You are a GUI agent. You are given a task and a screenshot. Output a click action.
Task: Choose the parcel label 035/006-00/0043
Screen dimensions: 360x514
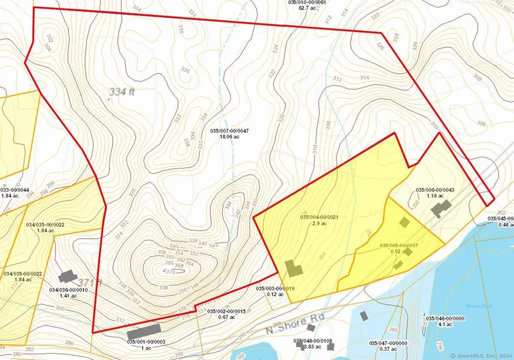435,190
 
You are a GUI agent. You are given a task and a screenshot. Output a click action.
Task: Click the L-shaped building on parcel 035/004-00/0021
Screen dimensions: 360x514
294,269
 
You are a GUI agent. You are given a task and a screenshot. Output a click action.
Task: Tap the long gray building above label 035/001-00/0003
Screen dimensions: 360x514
143,331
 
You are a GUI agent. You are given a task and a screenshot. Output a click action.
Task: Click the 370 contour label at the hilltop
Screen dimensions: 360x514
169,271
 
